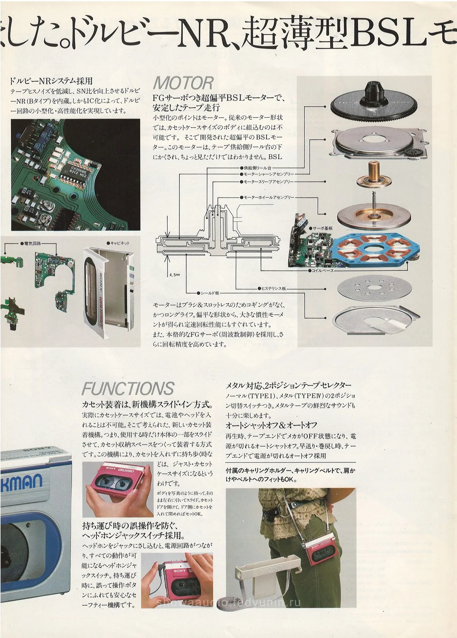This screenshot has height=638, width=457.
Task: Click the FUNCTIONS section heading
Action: click(x=128, y=388)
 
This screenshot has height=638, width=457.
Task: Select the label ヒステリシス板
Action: click(x=272, y=288)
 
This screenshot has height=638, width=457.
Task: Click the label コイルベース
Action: click(x=322, y=270)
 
